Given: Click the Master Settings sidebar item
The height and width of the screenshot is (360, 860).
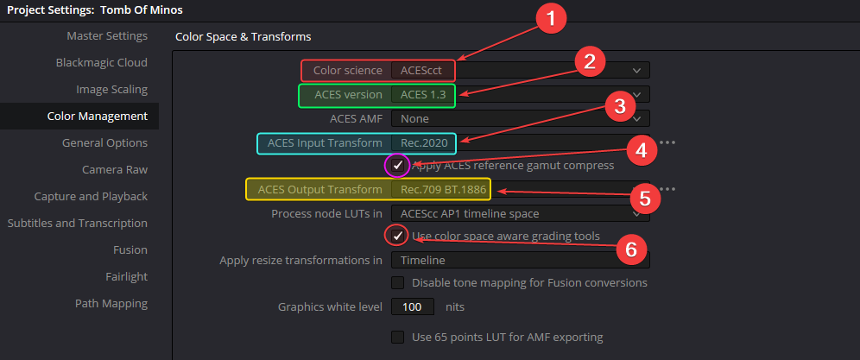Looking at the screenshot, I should (x=107, y=36).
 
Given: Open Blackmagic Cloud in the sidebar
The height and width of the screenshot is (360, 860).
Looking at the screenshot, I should (x=101, y=63).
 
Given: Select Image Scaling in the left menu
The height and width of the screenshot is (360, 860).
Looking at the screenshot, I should (x=111, y=90).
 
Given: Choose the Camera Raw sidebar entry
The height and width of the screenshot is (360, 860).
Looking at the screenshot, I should (x=115, y=170).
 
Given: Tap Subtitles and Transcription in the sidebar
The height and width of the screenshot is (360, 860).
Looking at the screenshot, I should (x=78, y=224).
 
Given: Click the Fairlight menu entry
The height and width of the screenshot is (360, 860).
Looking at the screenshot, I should (x=126, y=277).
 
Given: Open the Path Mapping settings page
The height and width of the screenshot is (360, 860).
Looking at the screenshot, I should (x=111, y=304).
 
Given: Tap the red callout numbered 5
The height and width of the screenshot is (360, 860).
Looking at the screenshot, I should (x=644, y=198).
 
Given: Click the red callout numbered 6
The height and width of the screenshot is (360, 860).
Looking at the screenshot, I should (x=631, y=249).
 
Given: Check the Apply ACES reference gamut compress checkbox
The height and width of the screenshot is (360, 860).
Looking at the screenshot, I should (x=398, y=165).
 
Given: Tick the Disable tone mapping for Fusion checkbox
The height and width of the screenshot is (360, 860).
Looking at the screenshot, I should (x=398, y=282).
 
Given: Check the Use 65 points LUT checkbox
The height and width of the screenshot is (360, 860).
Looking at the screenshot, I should (x=398, y=337).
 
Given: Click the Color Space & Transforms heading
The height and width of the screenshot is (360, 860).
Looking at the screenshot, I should (x=243, y=37).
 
